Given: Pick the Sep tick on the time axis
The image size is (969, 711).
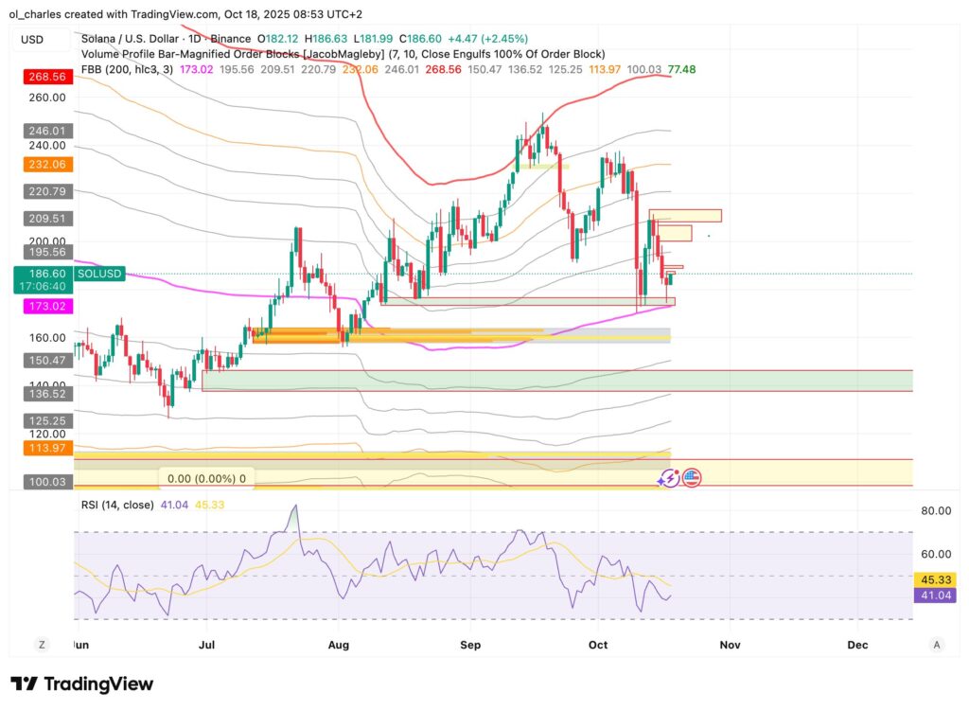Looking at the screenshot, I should pyautogui.click(x=470, y=645).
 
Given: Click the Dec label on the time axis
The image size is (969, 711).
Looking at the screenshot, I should pyautogui.click(x=857, y=645).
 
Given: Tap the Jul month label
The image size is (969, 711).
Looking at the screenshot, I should pyautogui.click(x=205, y=645).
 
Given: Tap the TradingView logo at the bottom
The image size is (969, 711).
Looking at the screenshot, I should pyautogui.click(x=82, y=684).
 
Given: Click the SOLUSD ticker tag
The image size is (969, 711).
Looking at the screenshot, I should pyautogui.click(x=98, y=273).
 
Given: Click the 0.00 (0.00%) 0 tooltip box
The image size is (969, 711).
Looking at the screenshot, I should pyautogui.click(x=203, y=479).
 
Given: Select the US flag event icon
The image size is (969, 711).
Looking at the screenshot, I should pyautogui.click(x=691, y=478).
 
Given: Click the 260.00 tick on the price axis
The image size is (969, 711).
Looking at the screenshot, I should pyautogui.click(x=46, y=97).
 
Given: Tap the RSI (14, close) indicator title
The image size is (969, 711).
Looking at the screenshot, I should pyautogui.click(x=116, y=505).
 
